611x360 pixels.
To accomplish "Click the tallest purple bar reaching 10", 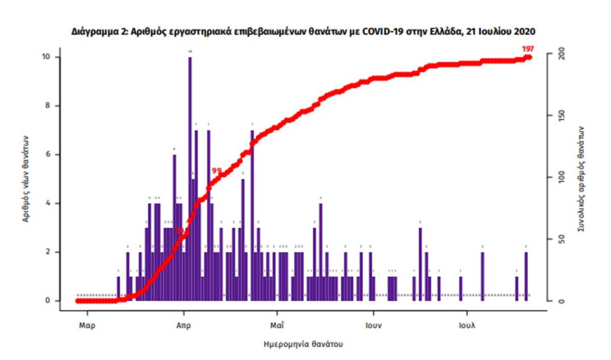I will click(x=190, y=178).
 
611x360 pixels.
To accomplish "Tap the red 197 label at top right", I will click(x=527, y=49).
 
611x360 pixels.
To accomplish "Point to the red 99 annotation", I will click(x=216, y=171).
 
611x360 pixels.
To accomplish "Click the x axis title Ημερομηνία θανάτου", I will click(x=303, y=344).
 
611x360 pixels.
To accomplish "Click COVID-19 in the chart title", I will click(x=369, y=32).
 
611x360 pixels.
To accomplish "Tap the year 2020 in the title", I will click(x=524, y=32).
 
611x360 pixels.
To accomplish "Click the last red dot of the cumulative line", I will click(x=529, y=57).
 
